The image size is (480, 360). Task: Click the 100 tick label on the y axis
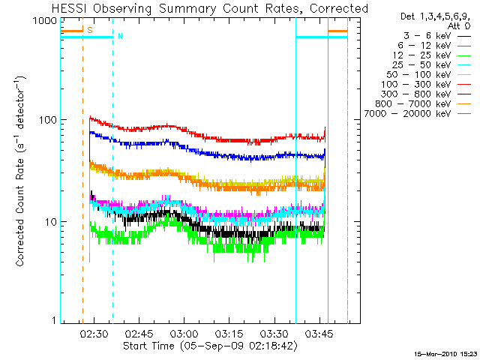(x=47, y=120)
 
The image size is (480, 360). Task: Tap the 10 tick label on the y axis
(x=49, y=222)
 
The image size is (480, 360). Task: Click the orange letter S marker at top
(x=90, y=30)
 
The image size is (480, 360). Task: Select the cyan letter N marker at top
(x=120, y=36)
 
